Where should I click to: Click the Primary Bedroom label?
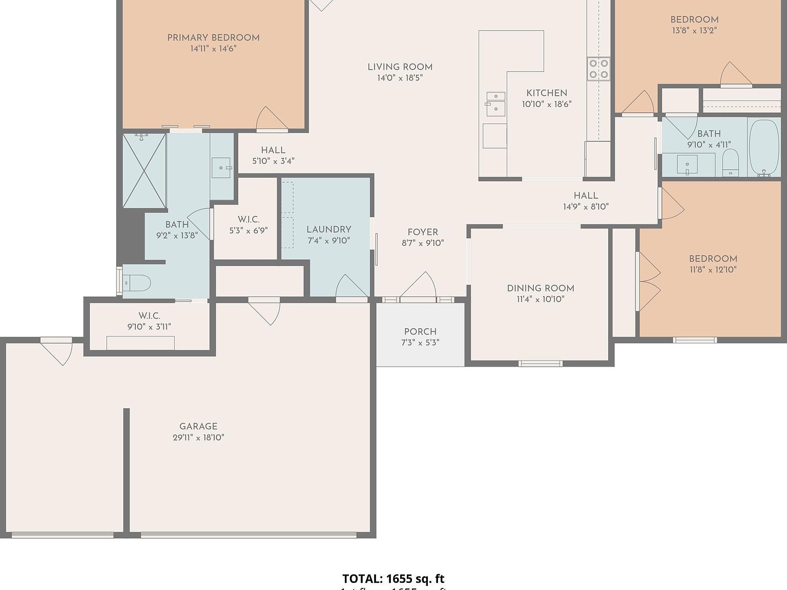pyautogui.click(x=213, y=37)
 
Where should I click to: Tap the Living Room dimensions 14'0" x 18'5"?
pyautogui.click(x=400, y=78)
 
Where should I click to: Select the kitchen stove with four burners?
pyautogui.click(x=598, y=69)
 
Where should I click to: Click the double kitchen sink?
pyautogui.click(x=495, y=104)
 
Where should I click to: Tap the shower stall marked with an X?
pyautogui.click(x=144, y=171)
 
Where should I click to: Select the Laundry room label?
pyautogui.click(x=328, y=229)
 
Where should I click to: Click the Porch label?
pyautogui.click(x=420, y=331)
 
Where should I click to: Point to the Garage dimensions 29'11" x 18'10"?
pyautogui.click(x=198, y=437)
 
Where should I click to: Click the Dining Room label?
pyautogui.click(x=540, y=288)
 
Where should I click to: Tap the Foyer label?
pyautogui.click(x=423, y=232)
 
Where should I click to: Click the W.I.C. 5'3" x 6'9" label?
pyautogui.click(x=248, y=219)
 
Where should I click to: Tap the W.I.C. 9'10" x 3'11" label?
pyautogui.click(x=149, y=316)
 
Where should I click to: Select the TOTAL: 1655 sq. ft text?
pyautogui.click(x=393, y=579)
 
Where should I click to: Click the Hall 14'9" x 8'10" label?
pyautogui.click(x=586, y=196)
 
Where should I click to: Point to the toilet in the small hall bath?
pyautogui.click(x=730, y=163)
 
